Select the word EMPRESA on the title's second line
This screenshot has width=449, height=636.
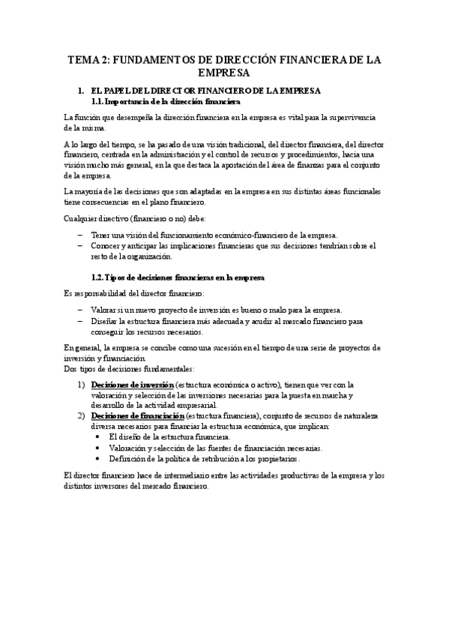[x=224, y=73]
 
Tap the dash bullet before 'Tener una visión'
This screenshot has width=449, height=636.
[x=80, y=235]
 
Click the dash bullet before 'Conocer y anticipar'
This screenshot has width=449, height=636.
[x=80, y=245]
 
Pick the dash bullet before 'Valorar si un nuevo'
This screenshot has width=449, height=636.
[x=80, y=310]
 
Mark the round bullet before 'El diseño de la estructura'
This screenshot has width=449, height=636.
[x=97, y=436]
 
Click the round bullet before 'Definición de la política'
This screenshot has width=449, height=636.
[x=97, y=458]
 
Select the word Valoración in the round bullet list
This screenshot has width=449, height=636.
[x=127, y=448]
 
